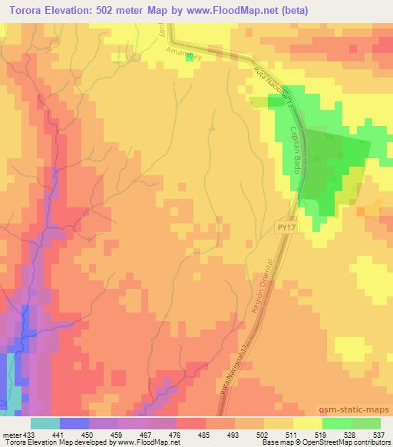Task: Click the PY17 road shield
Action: pyautogui.click(x=286, y=227)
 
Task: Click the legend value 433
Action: pyautogui.click(x=29, y=434)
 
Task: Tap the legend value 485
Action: pyautogui.click(x=204, y=434)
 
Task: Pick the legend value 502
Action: pyautogui.click(x=263, y=434)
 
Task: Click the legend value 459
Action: pyautogui.click(x=117, y=434)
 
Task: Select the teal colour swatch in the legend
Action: pyautogui.click(x=45, y=423)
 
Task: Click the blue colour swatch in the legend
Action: pyautogui.click(x=74, y=423)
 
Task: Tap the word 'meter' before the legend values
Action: pyautogui.click(x=11, y=434)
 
